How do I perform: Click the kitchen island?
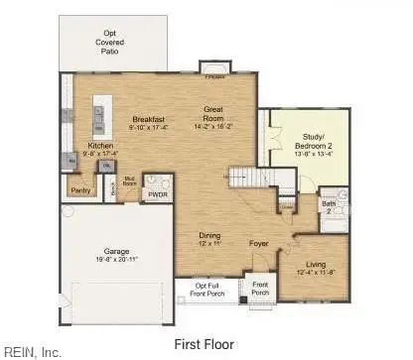[x=99, y=118]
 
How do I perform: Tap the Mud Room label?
[x=128, y=183]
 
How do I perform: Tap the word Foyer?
[x=258, y=242]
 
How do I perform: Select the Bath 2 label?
[x=328, y=205]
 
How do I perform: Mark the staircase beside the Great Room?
[x=252, y=177]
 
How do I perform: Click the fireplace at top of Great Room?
[x=213, y=70]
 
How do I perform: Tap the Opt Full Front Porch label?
[x=208, y=289]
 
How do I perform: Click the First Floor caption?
[x=205, y=343]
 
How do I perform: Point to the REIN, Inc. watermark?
[x=33, y=351]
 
